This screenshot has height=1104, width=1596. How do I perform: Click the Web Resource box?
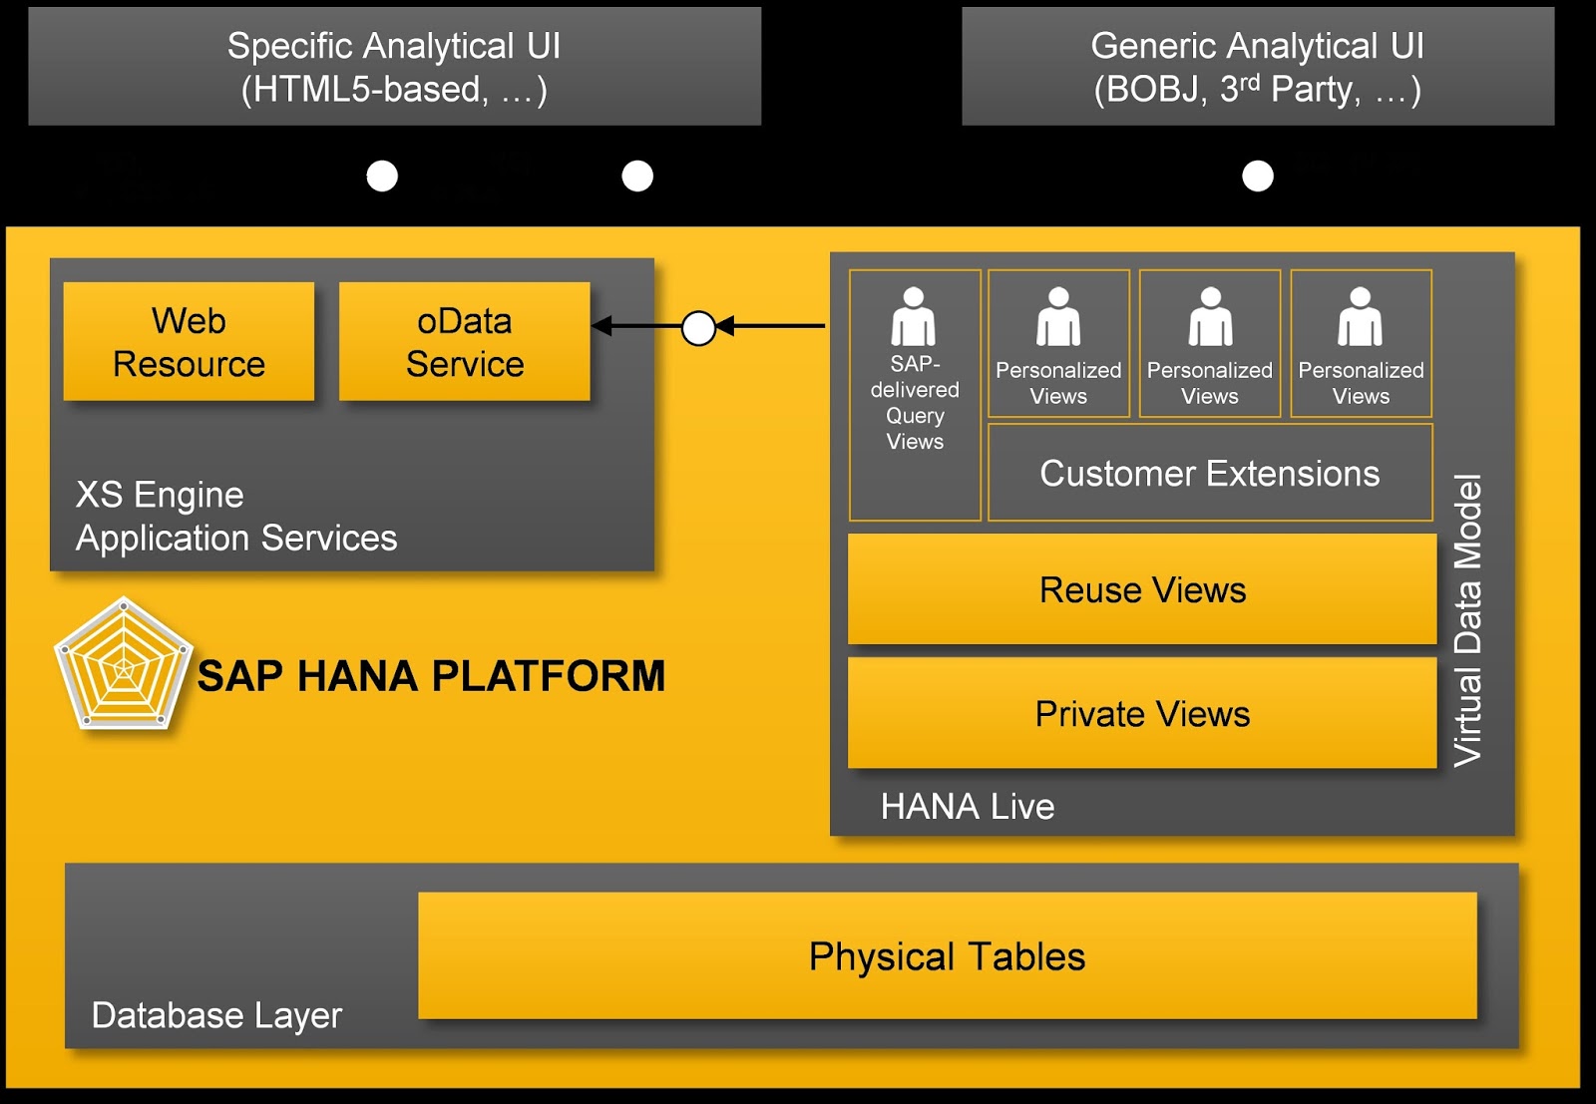pos(189,341)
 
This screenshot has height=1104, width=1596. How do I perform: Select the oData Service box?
pos(464,341)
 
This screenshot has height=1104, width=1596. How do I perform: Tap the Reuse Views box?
pos(1142,589)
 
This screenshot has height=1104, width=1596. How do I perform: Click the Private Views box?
pos(1142,713)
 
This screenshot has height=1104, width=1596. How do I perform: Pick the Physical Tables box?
pos(947,955)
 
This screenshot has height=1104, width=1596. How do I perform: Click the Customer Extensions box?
pos(1209,473)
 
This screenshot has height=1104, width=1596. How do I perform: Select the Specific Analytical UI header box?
pos(394,67)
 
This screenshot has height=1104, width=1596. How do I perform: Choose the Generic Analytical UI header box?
pos(1257,67)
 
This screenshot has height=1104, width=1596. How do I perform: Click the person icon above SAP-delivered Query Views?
pos(914,316)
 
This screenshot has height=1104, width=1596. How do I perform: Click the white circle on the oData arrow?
pos(698,327)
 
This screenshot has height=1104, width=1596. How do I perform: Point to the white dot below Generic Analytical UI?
pos(1257,177)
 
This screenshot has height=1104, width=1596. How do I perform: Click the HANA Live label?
pos(967,806)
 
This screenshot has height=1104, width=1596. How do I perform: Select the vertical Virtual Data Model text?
pos(1467,620)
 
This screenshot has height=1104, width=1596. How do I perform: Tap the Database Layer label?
pos(216,1015)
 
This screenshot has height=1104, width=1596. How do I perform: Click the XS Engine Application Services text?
pos(236,517)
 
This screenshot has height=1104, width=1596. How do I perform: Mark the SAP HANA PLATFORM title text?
pos(431,676)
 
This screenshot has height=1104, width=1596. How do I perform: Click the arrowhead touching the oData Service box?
pos(601,326)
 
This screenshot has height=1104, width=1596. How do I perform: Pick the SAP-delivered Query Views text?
pos(915,403)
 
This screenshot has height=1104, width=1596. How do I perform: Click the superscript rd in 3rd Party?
pos(1249,81)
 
